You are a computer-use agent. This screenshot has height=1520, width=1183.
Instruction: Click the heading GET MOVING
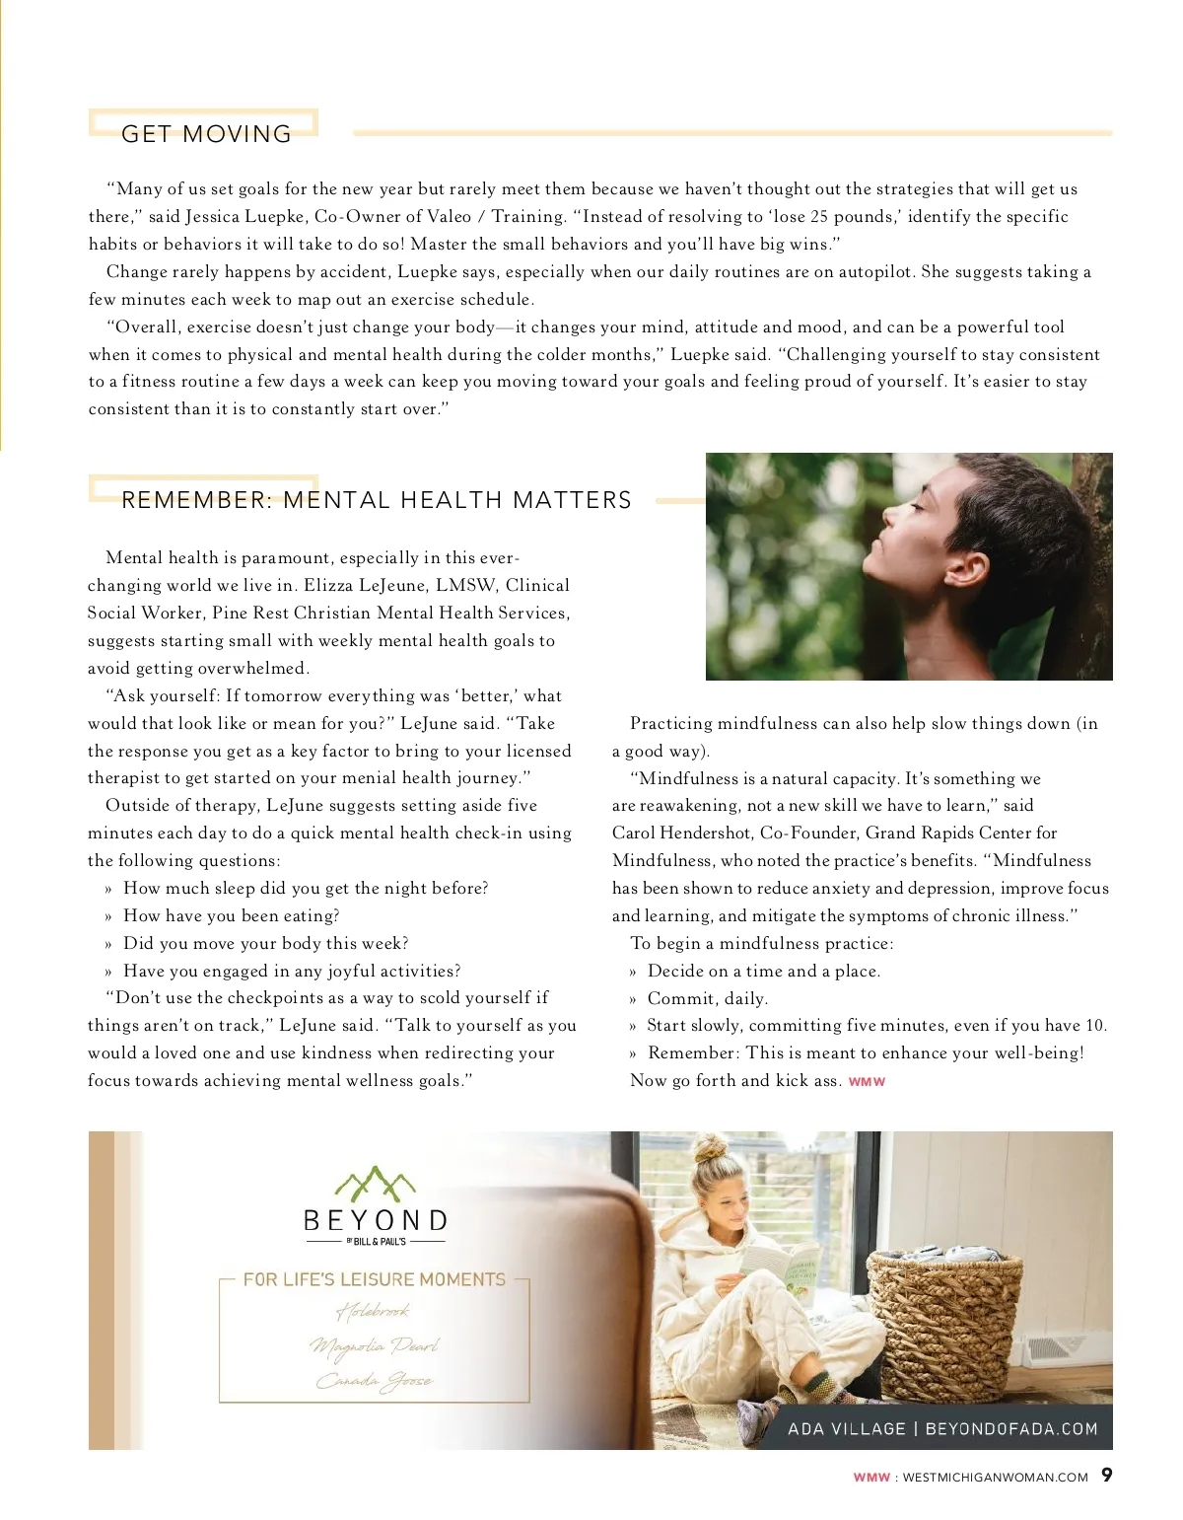[206, 134]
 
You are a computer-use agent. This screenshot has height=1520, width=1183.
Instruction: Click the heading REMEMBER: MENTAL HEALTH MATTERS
[376, 500]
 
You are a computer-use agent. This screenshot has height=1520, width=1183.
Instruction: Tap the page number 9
[1107, 1475]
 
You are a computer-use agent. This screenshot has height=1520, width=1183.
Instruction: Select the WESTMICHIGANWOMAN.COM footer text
[995, 1478]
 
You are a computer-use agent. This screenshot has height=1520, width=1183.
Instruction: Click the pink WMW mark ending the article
[867, 1082]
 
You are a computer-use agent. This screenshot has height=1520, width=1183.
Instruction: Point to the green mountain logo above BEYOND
[375, 1184]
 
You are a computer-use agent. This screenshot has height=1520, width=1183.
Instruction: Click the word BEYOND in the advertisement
[376, 1221]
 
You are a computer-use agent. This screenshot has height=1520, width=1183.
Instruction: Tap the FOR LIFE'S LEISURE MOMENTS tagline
[374, 1279]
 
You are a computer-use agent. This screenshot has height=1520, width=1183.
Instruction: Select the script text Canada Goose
[374, 1381]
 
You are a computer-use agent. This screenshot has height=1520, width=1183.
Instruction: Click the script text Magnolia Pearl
[374, 1345]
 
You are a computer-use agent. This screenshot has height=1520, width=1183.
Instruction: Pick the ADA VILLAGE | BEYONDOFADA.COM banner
[942, 1428]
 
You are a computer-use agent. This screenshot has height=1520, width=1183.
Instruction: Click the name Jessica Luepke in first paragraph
[244, 216]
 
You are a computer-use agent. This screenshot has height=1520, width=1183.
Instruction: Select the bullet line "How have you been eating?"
[231, 915]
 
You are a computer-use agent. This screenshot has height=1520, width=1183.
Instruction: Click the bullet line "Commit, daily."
[707, 998]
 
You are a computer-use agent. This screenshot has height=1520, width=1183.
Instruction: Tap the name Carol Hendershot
[681, 832]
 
